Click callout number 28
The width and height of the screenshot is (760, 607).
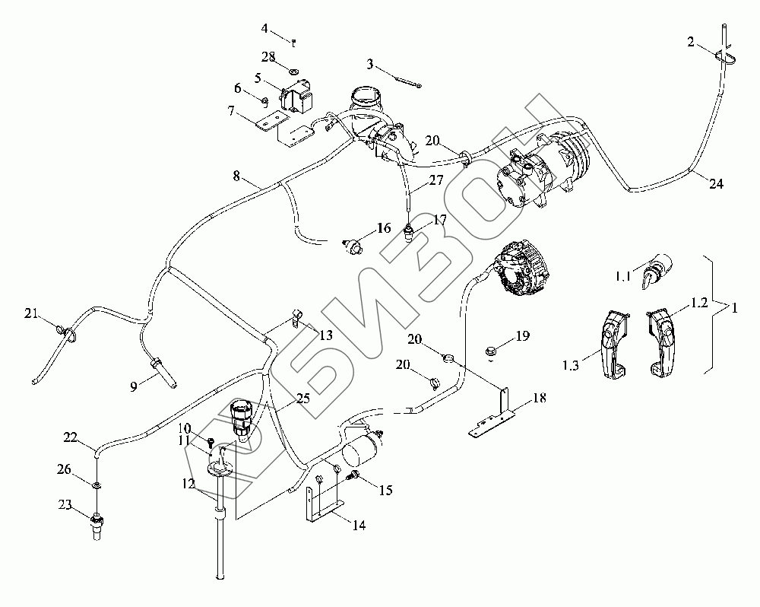coord(268,57)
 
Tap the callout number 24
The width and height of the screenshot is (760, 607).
coord(716,184)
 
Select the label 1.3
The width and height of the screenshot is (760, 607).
coord(571,365)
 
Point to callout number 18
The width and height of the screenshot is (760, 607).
coord(539,398)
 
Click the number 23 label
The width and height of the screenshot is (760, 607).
coord(65,505)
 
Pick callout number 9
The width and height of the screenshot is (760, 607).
coord(133,386)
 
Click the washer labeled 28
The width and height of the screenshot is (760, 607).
coord(293,72)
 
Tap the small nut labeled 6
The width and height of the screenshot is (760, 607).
coord(264,101)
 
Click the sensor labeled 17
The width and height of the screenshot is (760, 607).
coord(410,233)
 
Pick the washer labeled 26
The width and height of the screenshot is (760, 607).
coord(97,485)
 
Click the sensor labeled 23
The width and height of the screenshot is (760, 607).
coord(97,525)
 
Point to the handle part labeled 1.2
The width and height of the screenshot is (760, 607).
coord(662,345)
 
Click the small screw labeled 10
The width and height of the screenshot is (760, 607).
coord(211,443)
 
